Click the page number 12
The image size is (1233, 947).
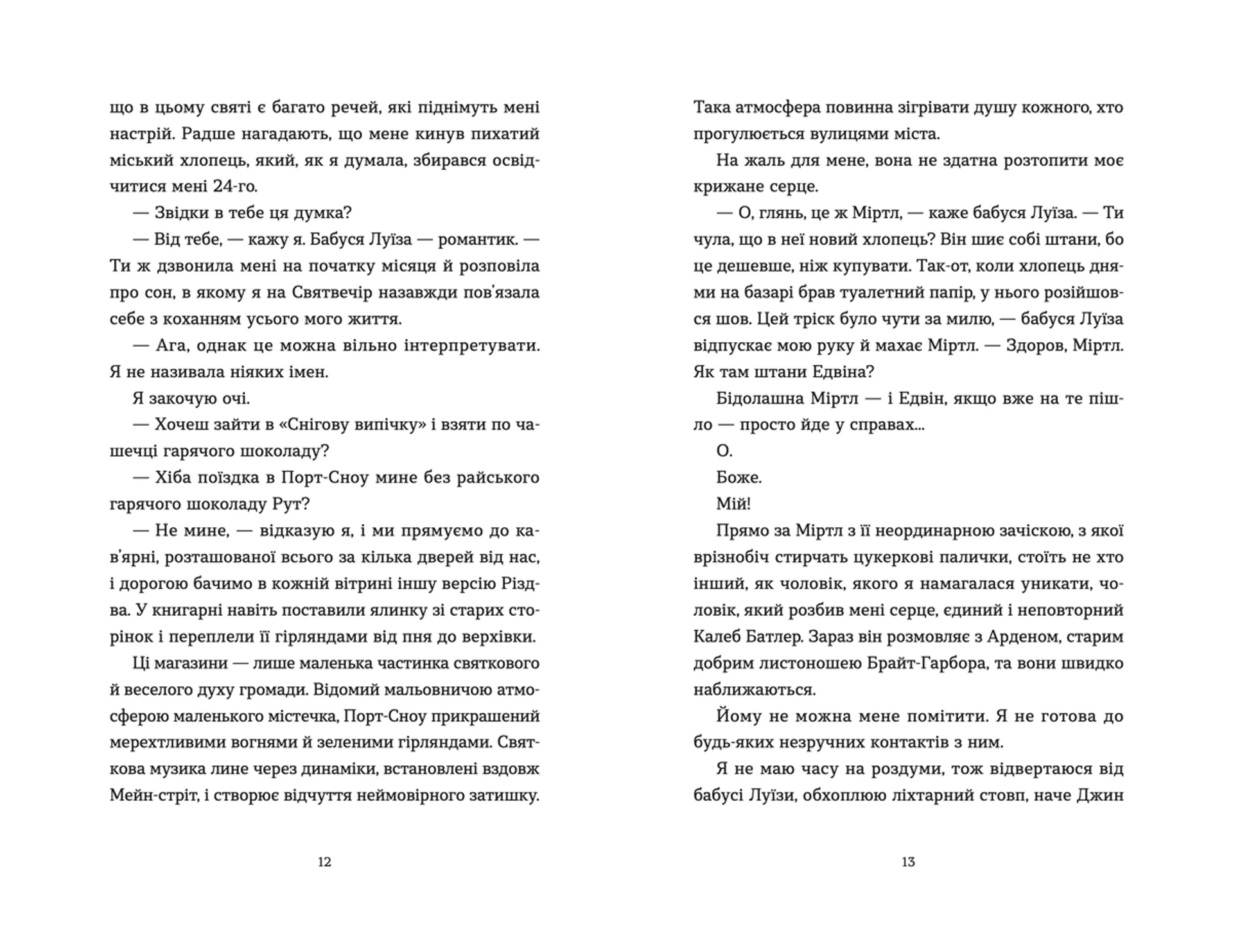pyautogui.click(x=324, y=862)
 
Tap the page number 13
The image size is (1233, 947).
pyautogui.click(x=908, y=862)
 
